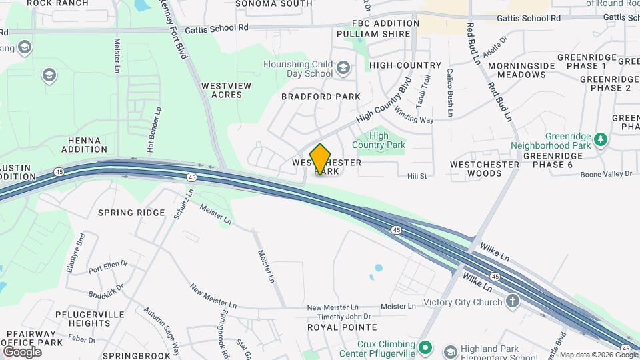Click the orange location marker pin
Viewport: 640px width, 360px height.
(321, 159)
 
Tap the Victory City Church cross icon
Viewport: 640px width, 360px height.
(512, 302)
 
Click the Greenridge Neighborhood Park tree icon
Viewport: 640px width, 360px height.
(601, 139)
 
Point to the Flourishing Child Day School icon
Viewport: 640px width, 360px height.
(343, 68)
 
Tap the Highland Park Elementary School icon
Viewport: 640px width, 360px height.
(451, 351)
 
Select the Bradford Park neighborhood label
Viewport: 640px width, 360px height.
(321, 97)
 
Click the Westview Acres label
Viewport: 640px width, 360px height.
(226, 90)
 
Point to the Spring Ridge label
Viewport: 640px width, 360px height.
(131, 213)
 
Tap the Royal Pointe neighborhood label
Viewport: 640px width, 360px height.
(342, 327)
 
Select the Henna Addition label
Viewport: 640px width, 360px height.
(85, 145)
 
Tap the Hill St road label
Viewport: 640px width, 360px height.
(417, 175)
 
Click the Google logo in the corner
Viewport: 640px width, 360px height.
(21, 351)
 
